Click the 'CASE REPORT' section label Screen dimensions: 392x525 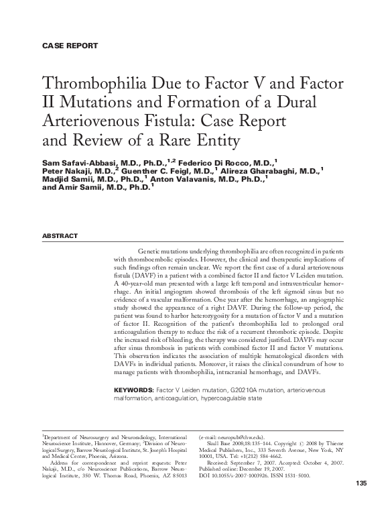tap(70, 46)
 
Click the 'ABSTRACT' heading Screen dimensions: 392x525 tap(60, 237)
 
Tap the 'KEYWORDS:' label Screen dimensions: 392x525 tap(134, 390)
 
